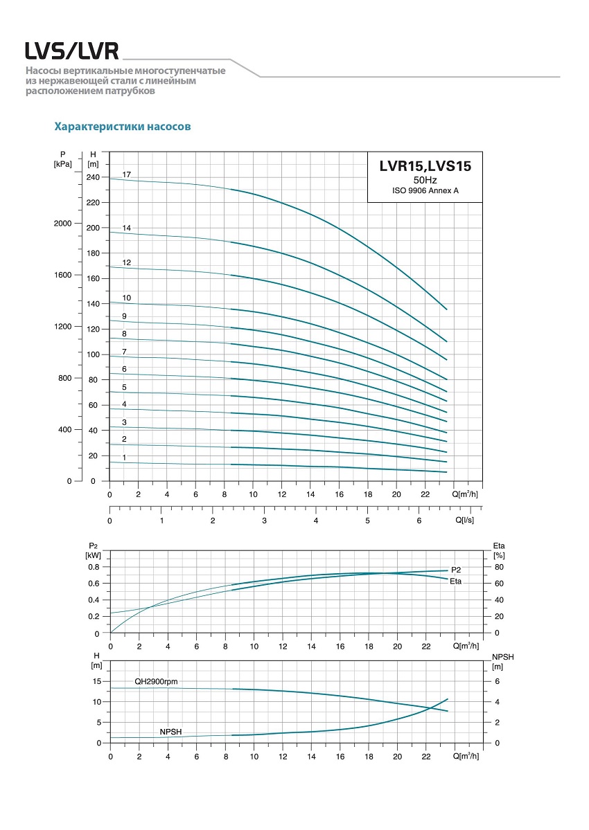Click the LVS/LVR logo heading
point(72,51)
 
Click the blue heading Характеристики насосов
point(123,127)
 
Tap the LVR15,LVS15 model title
point(425,166)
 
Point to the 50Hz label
point(425,179)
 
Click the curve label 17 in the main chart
point(127,174)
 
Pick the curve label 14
point(127,228)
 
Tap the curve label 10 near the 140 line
point(127,298)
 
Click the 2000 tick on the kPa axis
point(63,224)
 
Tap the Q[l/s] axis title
point(465,518)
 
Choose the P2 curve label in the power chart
point(456,570)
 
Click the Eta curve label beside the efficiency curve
point(455,581)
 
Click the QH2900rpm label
point(156,682)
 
